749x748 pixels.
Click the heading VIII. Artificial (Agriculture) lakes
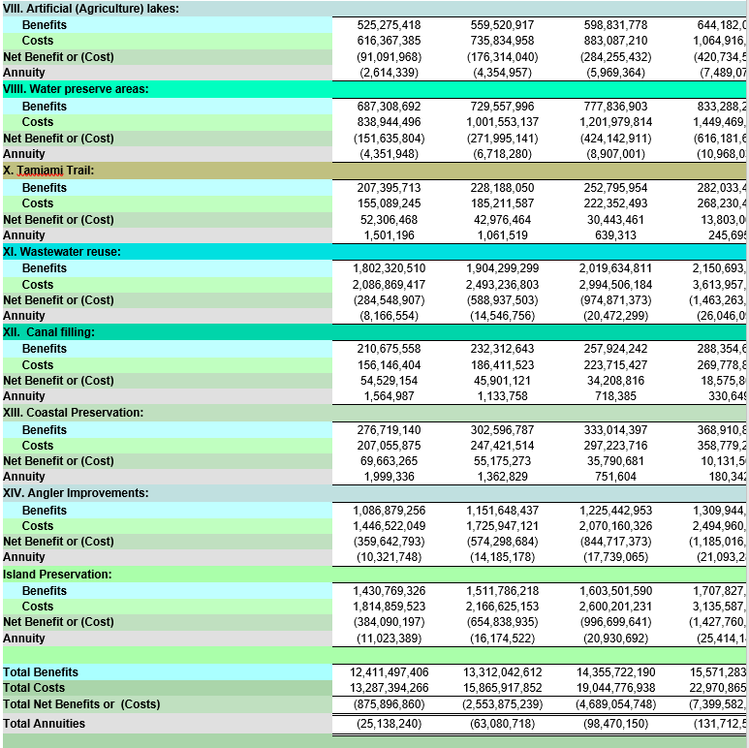tap(91, 8)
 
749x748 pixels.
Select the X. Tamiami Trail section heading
tap(48, 170)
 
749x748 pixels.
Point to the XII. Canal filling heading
tap(53, 332)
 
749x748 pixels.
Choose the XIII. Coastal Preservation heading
tap(74, 413)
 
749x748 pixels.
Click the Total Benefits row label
tap(41, 672)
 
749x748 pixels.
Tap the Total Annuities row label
tap(44, 724)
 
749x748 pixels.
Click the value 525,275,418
tap(389, 25)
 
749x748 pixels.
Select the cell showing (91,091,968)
tap(389, 57)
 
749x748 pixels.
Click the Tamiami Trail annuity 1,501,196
tap(390, 235)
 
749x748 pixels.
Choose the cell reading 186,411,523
tap(503, 365)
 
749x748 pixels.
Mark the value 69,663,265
tap(390, 461)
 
